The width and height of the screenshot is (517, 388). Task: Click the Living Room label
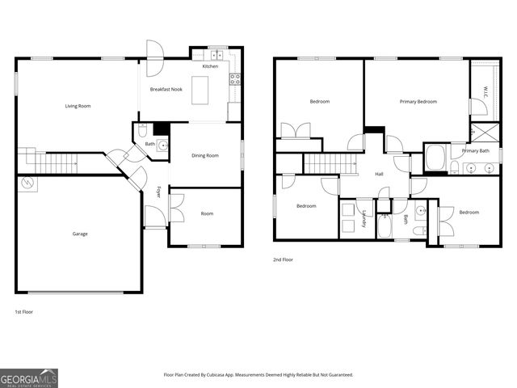coord(78,106)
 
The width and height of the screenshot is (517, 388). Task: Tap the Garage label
coord(80,234)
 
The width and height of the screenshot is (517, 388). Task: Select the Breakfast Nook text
coord(166,89)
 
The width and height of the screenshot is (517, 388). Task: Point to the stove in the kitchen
coord(235,79)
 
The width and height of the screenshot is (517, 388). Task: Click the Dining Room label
coord(205,155)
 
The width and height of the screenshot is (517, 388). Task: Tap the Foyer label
coord(158,192)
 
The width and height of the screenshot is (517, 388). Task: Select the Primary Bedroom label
coord(418,101)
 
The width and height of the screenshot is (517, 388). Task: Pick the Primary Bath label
coord(475,151)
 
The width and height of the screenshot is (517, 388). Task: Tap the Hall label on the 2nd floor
coord(378,174)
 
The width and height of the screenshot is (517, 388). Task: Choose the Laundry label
coord(364,217)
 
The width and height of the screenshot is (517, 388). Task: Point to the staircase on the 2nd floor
coord(330,164)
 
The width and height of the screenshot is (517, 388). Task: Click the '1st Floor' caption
coord(24,311)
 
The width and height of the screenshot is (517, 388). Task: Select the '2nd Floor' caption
coord(283,259)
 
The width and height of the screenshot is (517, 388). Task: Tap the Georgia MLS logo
coord(29,378)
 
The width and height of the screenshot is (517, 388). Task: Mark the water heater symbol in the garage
coord(27,184)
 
